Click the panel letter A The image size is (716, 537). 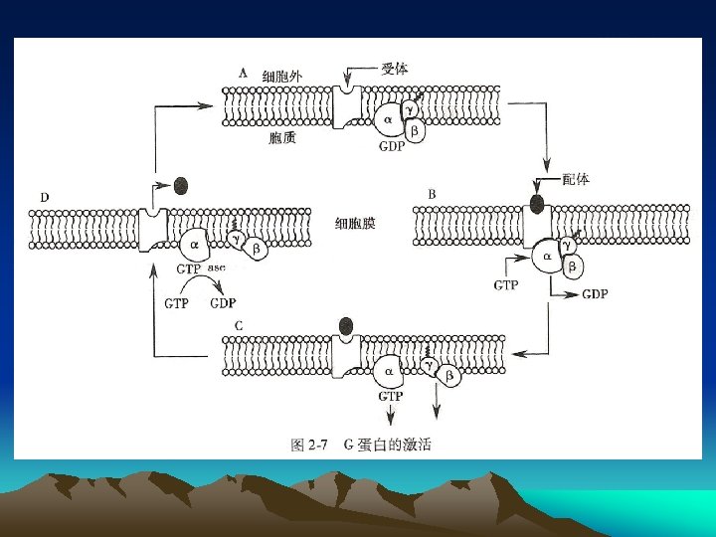click(x=243, y=73)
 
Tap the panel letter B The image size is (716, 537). click(x=431, y=191)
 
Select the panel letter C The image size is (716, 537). click(x=240, y=326)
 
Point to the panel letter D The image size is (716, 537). click(x=45, y=197)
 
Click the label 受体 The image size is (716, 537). click(x=394, y=69)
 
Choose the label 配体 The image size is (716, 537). click(x=575, y=179)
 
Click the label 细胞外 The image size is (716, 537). click(x=281, y=76)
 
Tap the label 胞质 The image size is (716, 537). click(x=282, y=138)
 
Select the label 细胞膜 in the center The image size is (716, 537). click(x=355, y=225)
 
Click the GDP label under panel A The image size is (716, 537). click(x=393, y=145)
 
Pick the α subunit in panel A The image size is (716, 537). click(x=387, y=121)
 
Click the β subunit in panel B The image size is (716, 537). click(x=573, y=266)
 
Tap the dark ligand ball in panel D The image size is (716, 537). click(x=180, y=185)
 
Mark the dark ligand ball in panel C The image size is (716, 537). click(x=346, y=325)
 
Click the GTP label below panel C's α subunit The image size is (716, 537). click(x=390, y=396)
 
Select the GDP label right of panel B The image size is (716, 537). click(x=595, y=294)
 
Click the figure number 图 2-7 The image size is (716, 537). click(x=309, y=446)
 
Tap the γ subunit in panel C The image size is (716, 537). click(x=429, y=367)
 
